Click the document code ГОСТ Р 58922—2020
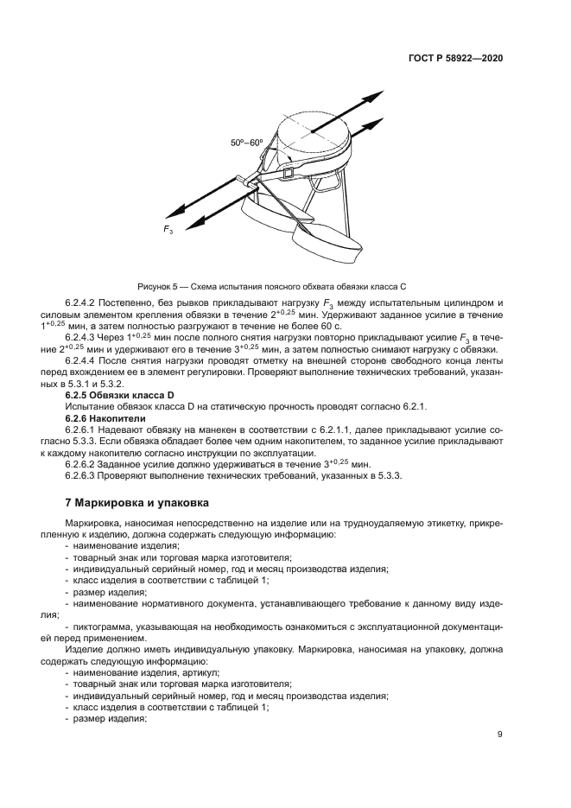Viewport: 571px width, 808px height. (456, 58)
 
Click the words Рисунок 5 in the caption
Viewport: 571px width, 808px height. (159, 285)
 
